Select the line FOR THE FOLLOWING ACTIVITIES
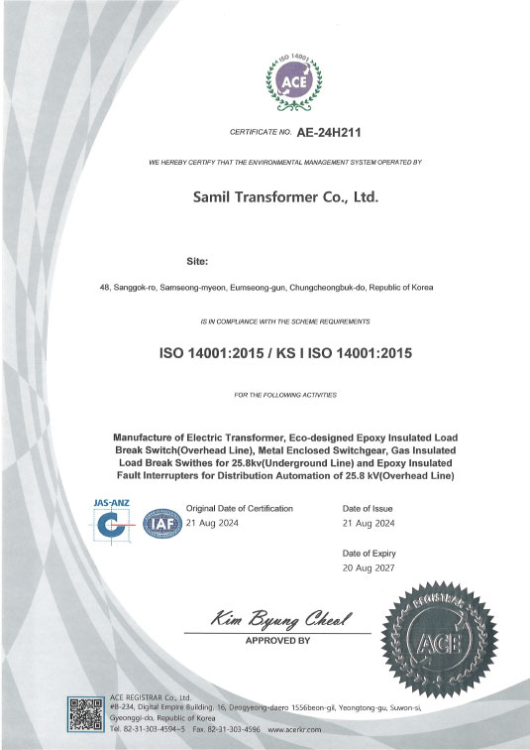point(284,395)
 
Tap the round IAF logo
point(159,523)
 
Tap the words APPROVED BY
point(276,641)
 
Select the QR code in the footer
point(85,715)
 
